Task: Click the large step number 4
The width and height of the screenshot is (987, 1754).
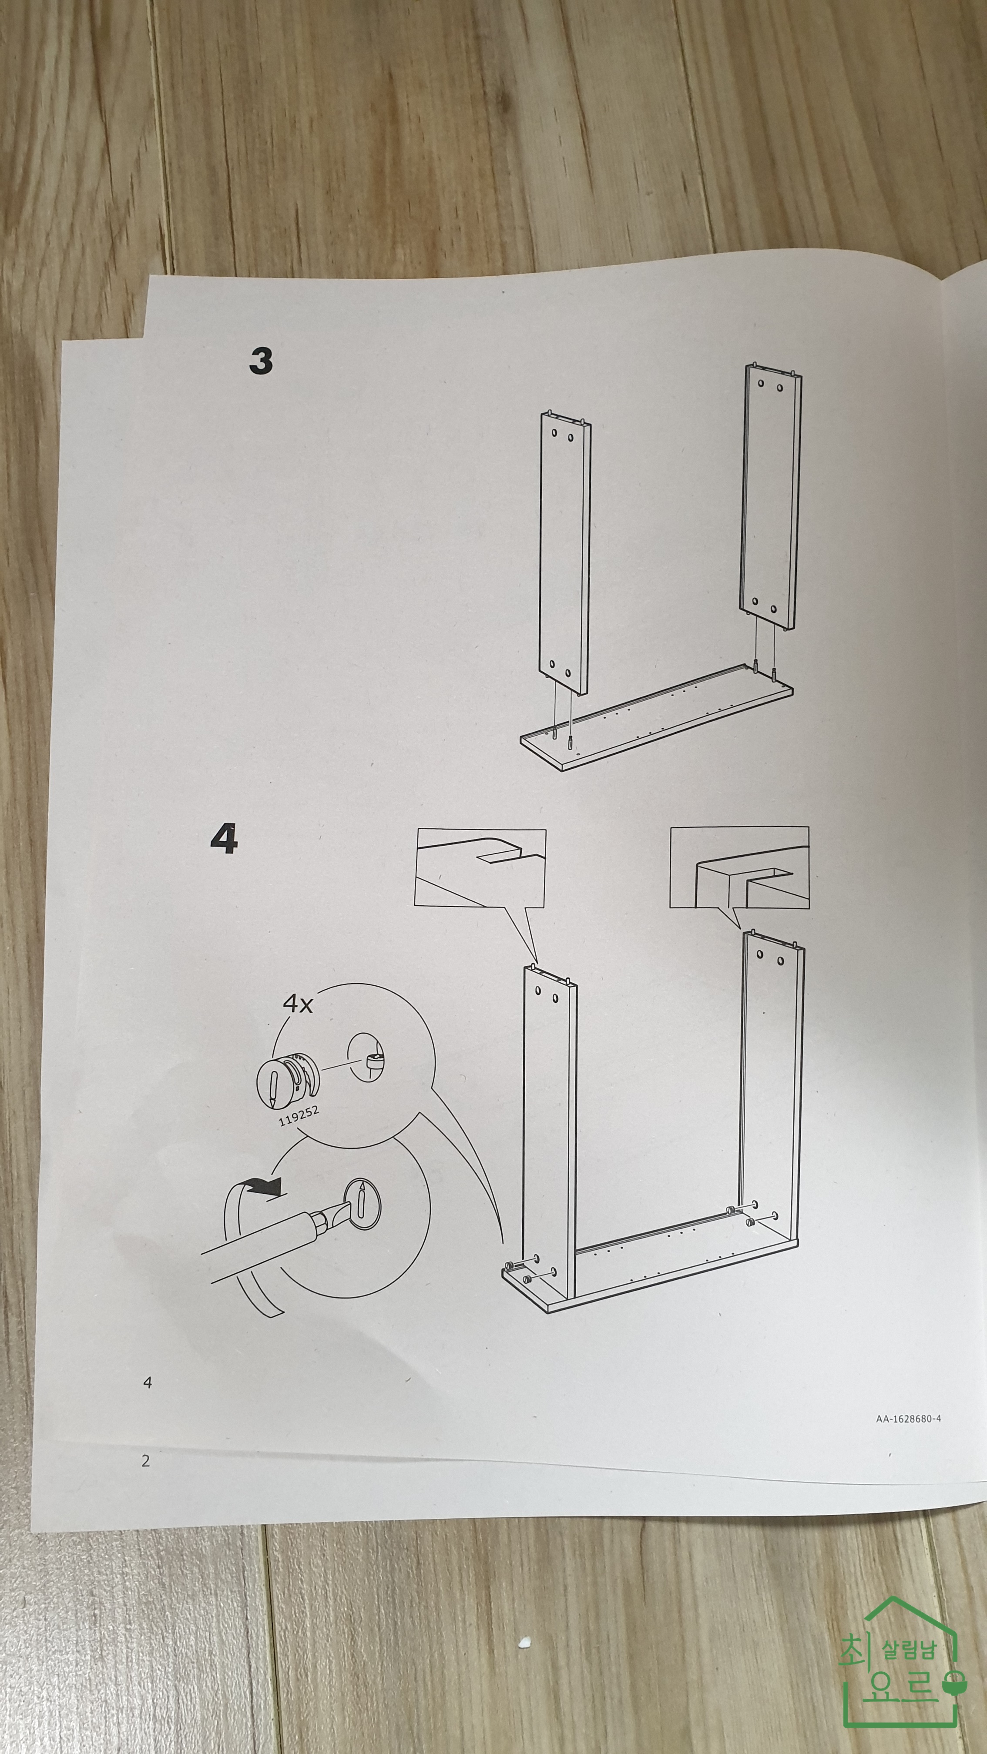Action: [224, 838]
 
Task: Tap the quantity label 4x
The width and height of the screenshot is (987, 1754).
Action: [298, 1004]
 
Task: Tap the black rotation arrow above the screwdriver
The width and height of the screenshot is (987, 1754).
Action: [262, 1187]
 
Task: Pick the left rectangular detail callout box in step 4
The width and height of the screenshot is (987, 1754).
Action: [480, 867]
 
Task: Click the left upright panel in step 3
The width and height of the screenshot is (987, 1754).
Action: [565, 553]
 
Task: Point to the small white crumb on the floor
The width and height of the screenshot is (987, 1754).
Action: [524, 1641]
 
